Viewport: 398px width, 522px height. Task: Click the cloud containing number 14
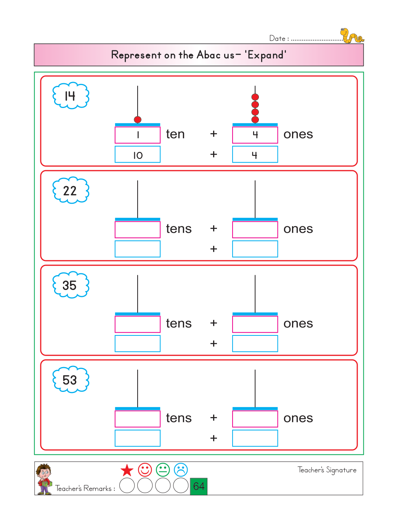(71, 96)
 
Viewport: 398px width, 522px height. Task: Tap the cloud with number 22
(71, 190)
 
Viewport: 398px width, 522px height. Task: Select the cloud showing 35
(71, 285)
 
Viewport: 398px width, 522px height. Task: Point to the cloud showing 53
(71, 380)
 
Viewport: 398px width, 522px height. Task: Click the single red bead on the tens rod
(138, 119)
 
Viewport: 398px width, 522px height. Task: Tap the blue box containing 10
(138, 155)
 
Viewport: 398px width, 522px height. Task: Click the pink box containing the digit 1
(138, 135)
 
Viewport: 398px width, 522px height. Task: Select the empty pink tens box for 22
(138, 230)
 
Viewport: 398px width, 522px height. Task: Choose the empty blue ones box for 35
(255, 343)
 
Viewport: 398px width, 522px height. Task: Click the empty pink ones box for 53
(255, 419)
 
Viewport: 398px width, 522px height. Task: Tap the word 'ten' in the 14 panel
(175, 134)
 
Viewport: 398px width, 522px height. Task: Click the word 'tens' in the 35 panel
(179, 324)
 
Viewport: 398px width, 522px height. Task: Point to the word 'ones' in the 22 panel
(298, 229)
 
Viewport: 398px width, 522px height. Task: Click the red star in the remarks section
(127, 470)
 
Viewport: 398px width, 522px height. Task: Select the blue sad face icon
(181, 470)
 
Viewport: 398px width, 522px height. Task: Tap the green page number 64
(199, 486)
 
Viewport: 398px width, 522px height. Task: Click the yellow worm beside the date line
(351, 36)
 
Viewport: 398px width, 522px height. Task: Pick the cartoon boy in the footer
(44, 479)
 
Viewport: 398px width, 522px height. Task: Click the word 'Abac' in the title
(209, 55)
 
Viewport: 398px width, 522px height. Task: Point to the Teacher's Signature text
(327, 470)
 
